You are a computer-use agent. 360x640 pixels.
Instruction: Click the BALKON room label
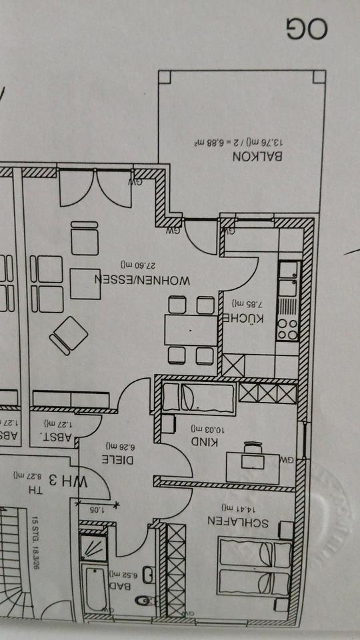click(258, 157)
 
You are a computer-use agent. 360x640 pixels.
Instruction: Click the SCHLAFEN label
click(237, 521)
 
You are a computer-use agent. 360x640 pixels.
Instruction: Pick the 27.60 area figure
click(139, 265)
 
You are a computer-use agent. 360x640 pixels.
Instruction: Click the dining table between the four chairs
click(191, 330)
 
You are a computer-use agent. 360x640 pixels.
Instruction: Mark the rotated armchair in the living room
click(68, 335)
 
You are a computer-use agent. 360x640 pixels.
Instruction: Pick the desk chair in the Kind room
click(252, 449)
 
